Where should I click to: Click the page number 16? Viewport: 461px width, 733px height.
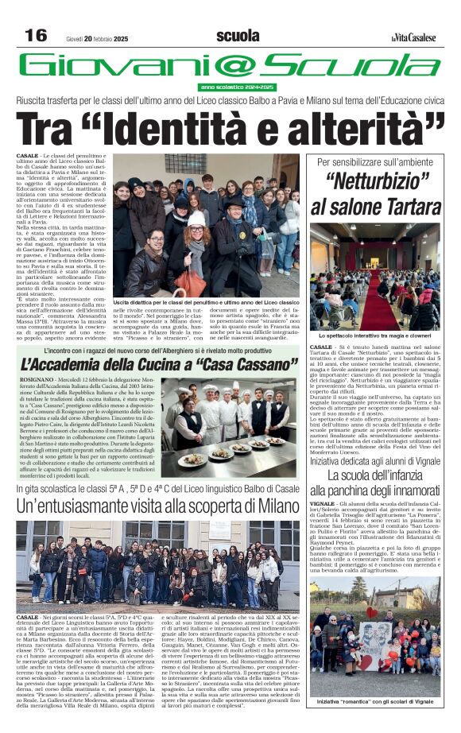36,36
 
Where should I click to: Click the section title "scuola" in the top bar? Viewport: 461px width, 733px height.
238,36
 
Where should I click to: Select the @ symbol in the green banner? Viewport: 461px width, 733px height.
238,65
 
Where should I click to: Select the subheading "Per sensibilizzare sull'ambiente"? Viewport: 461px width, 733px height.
374,162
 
